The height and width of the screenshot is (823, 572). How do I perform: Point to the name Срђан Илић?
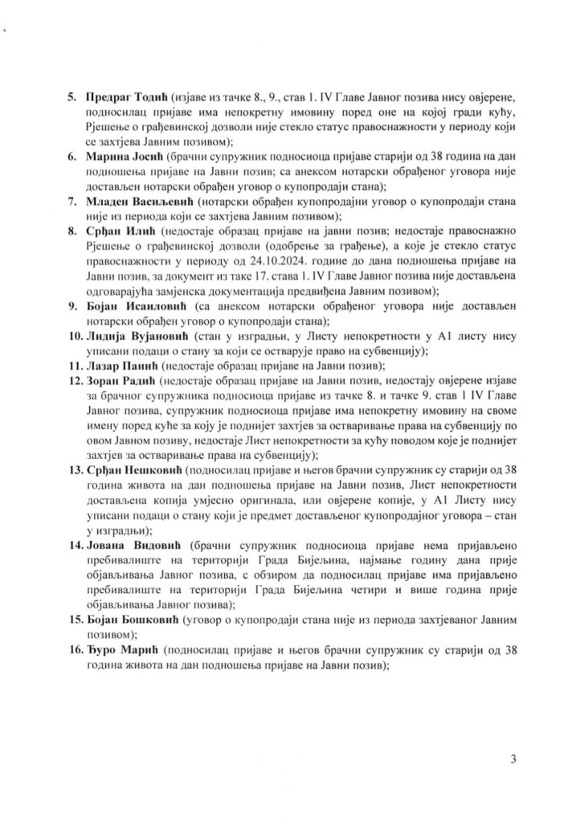pyautogui.click(x=117, y=237)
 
